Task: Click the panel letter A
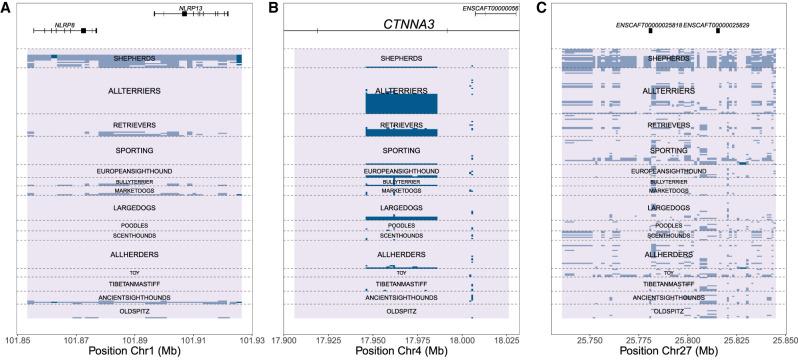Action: (x=7, y=8)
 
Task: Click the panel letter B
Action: (x=274, y=8)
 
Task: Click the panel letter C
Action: (x=542, y=8)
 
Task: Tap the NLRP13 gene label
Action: (x=190, y=6)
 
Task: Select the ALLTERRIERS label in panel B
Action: (x=401, y=90)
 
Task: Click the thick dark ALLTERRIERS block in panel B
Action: (x=401, y=103)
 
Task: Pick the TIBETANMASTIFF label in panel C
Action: (x=668, y=284)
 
